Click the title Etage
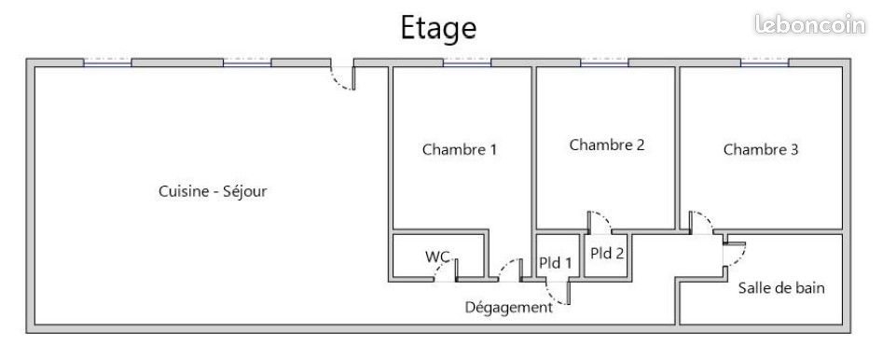[x=438, y=28]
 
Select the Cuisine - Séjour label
[x=214, y=191]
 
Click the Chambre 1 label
[x=460, y=149]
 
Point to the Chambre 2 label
[x=607, y=145]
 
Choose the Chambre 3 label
[x=761, y=149]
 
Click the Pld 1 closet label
[x=557, y=263]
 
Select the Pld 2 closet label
[x=606, y=252]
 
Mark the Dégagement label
[x=508, y=307]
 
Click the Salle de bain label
[x=781, y=288]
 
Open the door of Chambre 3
[x=701, y=224]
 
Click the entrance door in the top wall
[x=343, y=76]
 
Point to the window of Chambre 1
[x=466, y=63]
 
